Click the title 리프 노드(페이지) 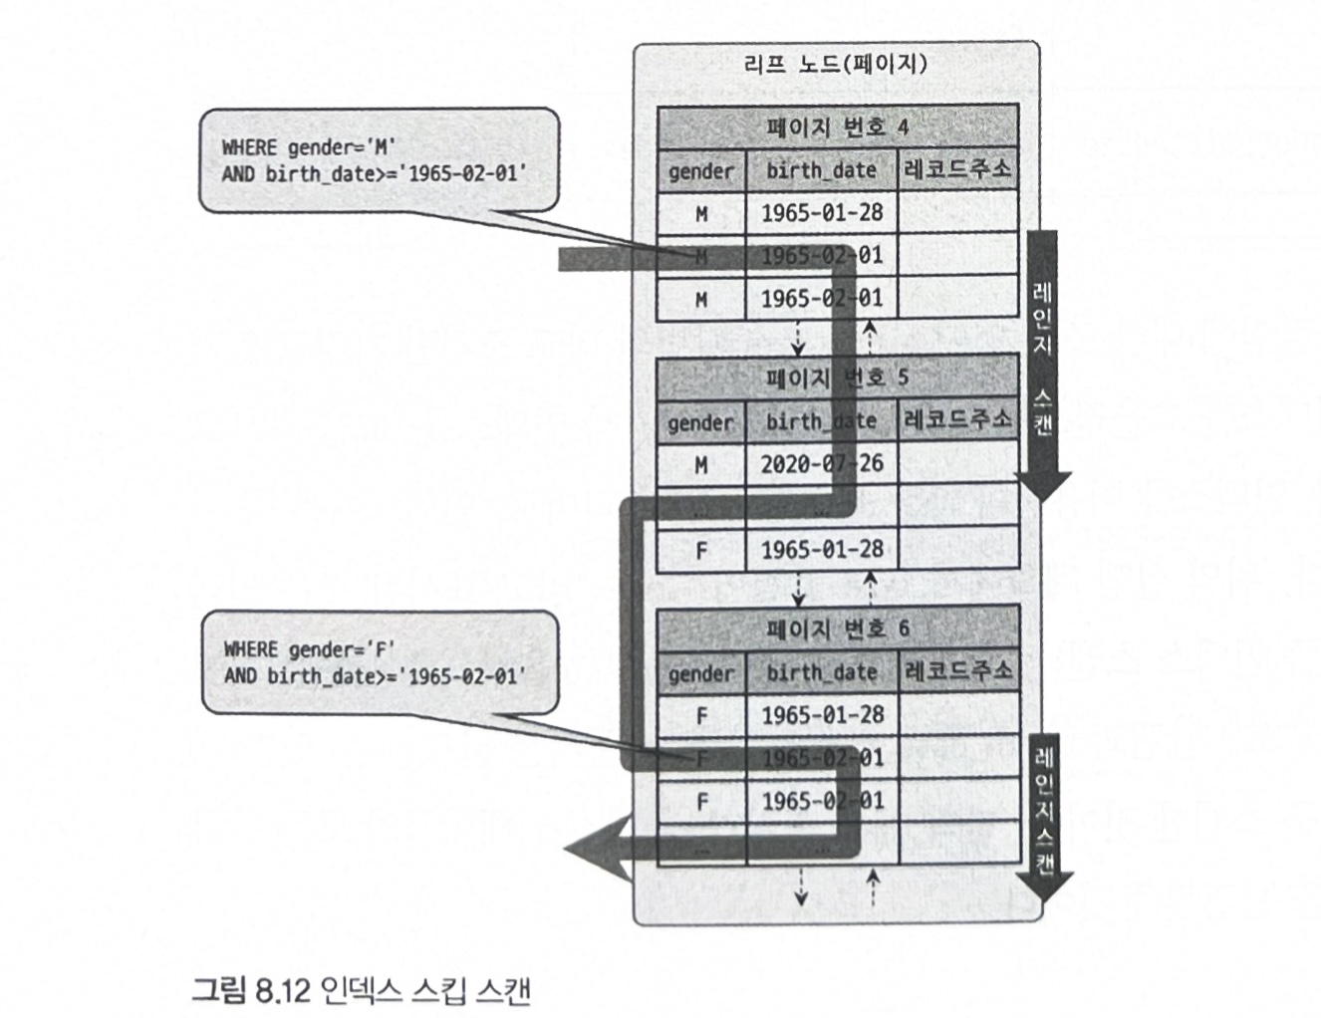(x=835, y=65)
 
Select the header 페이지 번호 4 (x=837, y=127)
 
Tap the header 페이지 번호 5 (x=837, y=379)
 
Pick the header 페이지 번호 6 (x=837, y=630)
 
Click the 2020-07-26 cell (x=821, y=464)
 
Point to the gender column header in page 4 (x=701, y=171)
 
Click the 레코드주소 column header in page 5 (x=957, y=421)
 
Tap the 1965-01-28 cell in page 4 (x=821, y=213)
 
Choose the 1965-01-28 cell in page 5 (x=821, y=550)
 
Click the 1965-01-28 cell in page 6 (x=821, y=715)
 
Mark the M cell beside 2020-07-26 (x=701, y=464)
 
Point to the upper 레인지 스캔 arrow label (x=1043, y=359)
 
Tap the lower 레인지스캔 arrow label (x=1043, y=807)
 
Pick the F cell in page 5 (x=701, y=550)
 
